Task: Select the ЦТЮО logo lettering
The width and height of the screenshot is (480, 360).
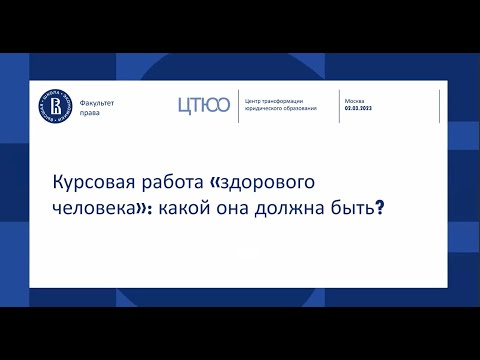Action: [203, 104]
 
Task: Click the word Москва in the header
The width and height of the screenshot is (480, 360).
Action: [354, 101]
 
